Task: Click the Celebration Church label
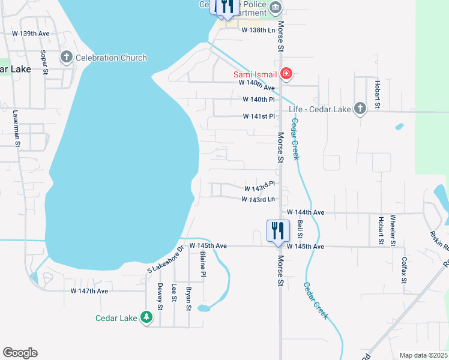(x=111, y=58)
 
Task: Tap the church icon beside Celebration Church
(x=67, y=58)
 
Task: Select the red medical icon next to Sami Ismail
(x=286, y=74)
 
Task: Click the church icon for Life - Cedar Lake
(x=360, y=109)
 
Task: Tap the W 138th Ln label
(x=258, y=29)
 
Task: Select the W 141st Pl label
(x=259, y=116)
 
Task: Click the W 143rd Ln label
(x=258, y=199)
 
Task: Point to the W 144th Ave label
(x=306, y=212)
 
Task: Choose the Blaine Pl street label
(x=203, y=265)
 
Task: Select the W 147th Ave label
(x=89, y=291)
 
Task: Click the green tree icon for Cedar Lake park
(x=146, y=317)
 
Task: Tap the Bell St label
(x=300, y=226)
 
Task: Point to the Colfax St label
(x=404, y=270)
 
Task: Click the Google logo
(x=20, y=353)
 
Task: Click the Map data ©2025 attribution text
(x=423, y=355)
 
